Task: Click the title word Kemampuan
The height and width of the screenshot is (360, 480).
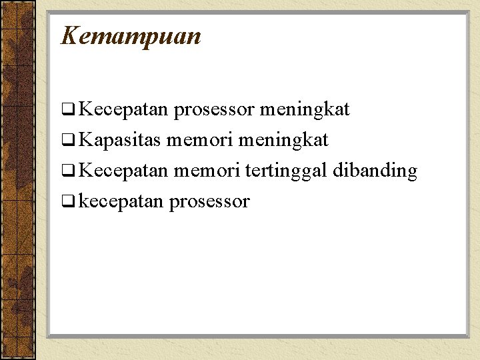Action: pos(131,36)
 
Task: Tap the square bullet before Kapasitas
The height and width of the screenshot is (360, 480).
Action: pos(67,141)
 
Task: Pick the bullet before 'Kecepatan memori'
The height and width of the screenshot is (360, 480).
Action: pos(67,171)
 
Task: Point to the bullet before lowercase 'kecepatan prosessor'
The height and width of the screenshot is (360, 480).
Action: pos(67,202)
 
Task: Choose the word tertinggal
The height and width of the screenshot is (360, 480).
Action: pos(287,171)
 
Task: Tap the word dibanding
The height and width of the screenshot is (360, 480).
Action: pos(375,171)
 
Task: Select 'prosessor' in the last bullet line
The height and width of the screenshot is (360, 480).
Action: pos(209,202)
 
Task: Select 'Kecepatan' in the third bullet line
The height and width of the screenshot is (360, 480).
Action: pos(123,171)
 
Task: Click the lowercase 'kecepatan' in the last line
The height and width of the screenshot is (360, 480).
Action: pos(121,202)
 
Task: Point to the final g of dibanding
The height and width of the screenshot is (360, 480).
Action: pos(411,173)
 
